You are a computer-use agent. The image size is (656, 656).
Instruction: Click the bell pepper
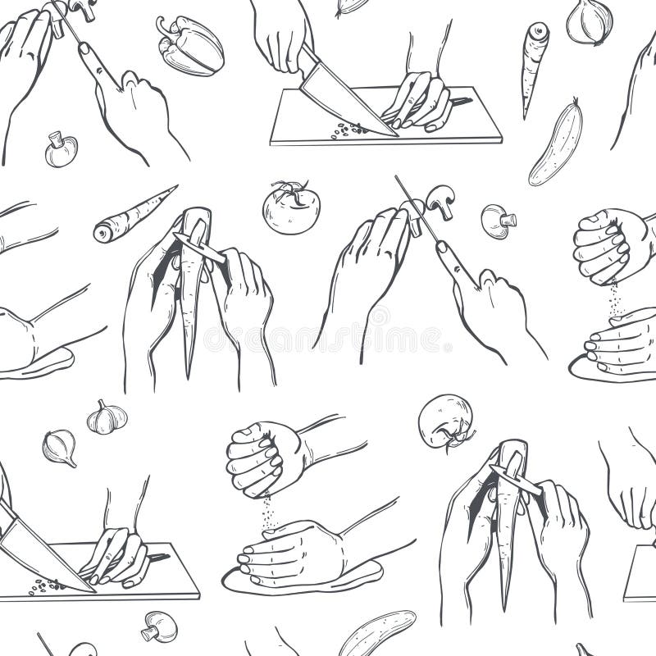190,45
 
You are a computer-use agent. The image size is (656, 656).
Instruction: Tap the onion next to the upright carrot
589,21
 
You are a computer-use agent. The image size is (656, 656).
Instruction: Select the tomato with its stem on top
291,208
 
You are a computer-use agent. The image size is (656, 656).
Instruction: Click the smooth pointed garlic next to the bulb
60,447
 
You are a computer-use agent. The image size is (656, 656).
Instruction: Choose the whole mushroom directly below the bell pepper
61,149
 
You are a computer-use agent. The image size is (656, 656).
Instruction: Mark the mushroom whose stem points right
497,221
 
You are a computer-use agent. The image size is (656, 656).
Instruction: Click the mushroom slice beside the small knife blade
441,201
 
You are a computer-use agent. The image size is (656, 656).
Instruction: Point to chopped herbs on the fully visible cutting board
348,129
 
